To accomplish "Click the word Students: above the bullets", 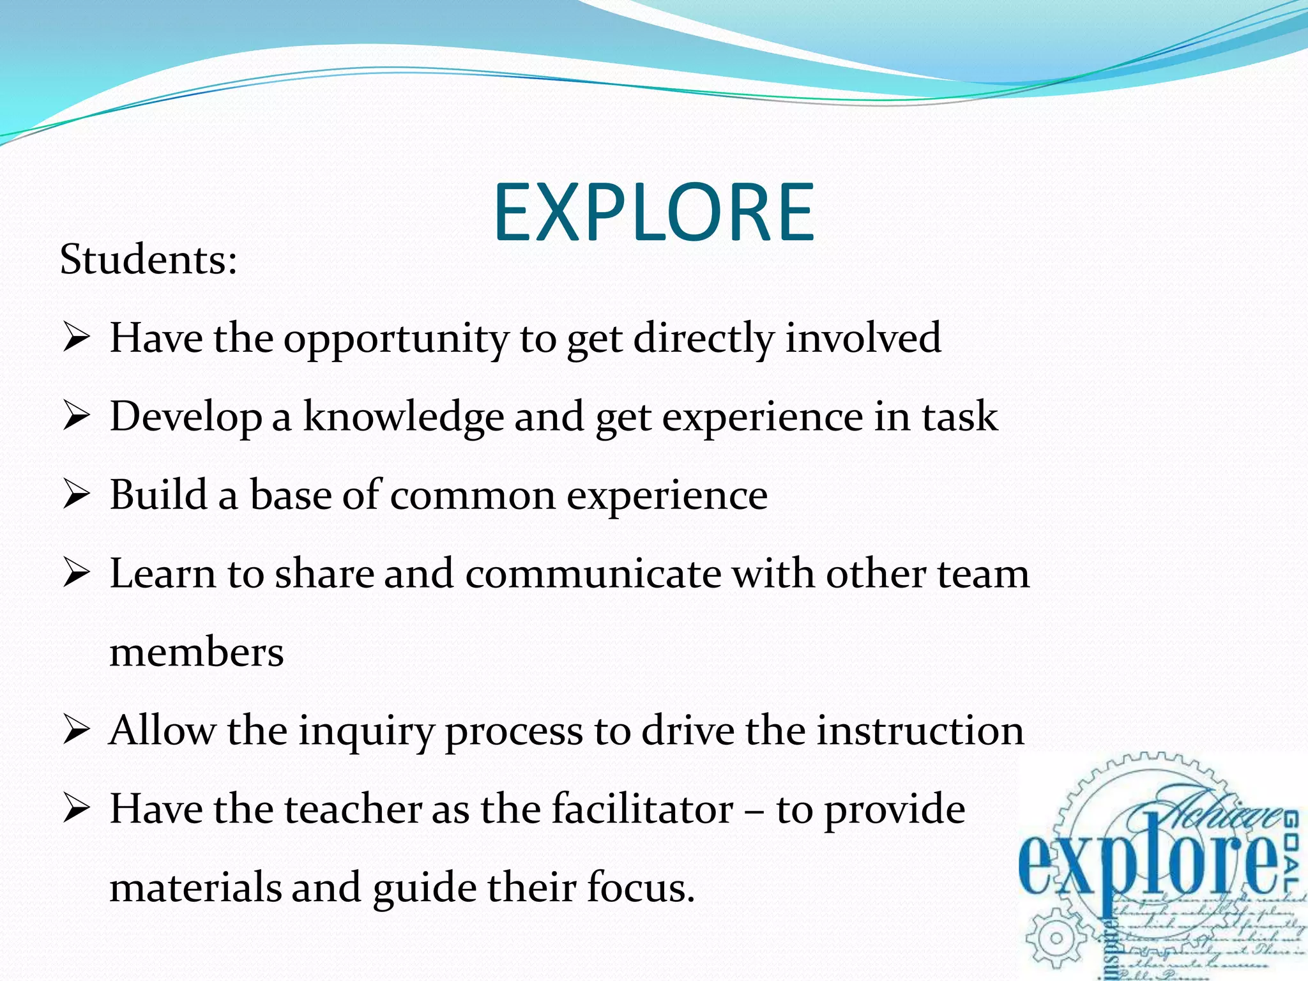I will click(x=148, y=260).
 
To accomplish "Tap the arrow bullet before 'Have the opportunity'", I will click(x=76, y=338).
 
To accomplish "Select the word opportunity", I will click(x=396, y=338).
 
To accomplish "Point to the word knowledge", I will click(x=403, y=416).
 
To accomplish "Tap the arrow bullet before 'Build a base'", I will click(x=76, y=496).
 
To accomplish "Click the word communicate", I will click(x=593, y=574).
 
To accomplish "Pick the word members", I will click(x=197, y=653).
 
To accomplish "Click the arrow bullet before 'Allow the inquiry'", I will click(x=76, y=731).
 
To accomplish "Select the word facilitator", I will click(x=642, y=809).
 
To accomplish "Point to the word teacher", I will click(x=353, y=809).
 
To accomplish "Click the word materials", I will click(x=195, y=888).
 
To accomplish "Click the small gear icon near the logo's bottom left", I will click(x=1056, y=938).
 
